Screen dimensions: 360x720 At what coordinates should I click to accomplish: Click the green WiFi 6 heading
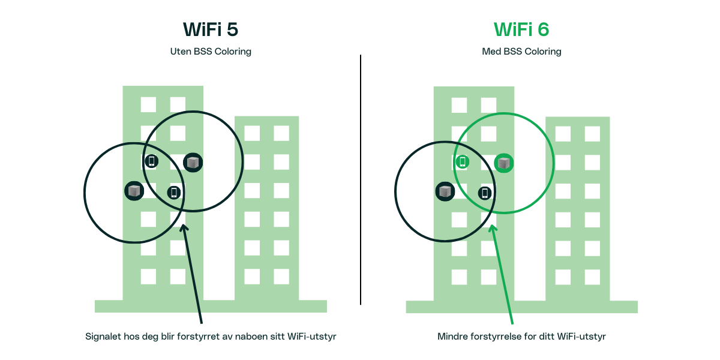(x=521, y=29)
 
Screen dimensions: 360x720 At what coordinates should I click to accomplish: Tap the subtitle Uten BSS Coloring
(x=211, y=52)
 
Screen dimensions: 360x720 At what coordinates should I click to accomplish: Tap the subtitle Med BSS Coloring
(x=521, y=52)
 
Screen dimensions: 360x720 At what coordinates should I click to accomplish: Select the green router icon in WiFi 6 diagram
(x=504, y=163)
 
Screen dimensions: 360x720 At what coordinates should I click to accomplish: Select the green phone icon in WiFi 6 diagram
(x=462, y=161)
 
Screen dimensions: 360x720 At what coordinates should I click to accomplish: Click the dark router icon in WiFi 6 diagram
(x=445, y=191)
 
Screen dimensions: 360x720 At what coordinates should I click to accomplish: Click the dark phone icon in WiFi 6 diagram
(x=485, y=193)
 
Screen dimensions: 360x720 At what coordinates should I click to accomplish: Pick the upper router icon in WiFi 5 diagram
(x=193, y=162)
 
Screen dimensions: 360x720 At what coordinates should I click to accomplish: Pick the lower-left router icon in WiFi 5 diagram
(x=134, y=191)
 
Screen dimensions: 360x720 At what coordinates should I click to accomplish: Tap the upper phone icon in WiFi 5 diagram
(x=152, y=161)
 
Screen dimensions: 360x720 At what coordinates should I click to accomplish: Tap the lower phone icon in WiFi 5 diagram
(x=174, y=192)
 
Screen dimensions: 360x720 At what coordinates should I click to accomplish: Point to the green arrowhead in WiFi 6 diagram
(x=493, y=229)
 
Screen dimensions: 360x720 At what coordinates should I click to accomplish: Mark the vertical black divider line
(x=361, y=180)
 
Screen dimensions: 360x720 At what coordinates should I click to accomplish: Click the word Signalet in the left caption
(x=104, y=337)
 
